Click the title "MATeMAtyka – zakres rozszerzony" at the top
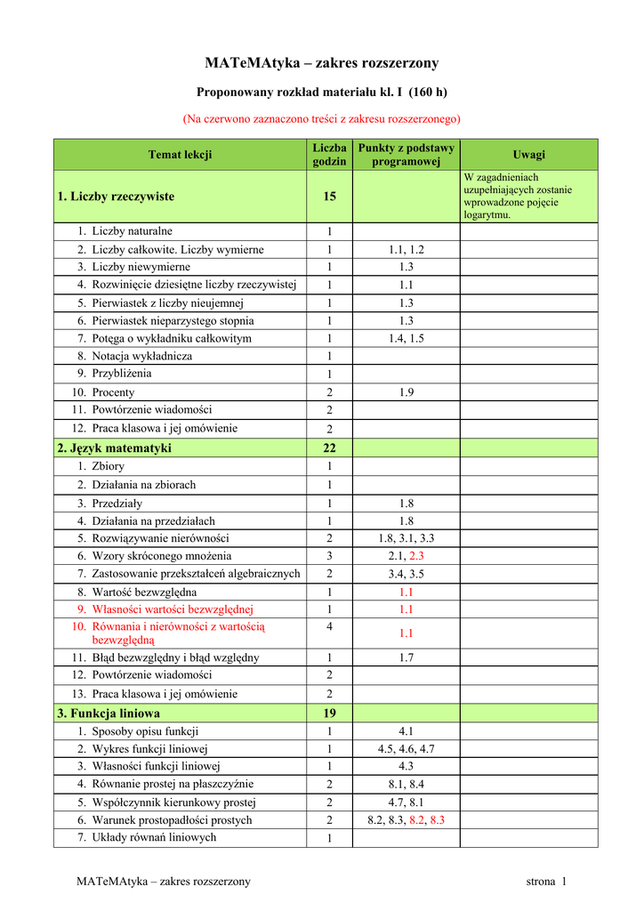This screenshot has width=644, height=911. click(322, 63)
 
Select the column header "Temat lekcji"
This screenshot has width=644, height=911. click(180, 155)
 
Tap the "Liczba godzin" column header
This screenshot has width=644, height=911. click(329, 155)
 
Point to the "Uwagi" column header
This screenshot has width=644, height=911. click(529, 155)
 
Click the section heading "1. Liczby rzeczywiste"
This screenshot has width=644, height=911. click(116, 197)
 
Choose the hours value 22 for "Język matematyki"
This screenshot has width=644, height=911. click(329, 447)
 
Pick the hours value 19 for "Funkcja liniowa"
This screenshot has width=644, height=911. click(329, 713)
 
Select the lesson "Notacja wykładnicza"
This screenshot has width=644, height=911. click(142, 356)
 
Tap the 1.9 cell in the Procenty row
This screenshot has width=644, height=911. click(406, 392)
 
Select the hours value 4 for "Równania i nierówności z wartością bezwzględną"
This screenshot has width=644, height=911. click(329, 627)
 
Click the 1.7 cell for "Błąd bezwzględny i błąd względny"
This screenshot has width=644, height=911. click(406, 657)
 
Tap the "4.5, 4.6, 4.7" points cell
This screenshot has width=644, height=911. click(406, 749)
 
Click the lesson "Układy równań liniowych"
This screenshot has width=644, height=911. click(153, 837)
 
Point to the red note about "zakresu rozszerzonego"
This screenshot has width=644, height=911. click(322, 118)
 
